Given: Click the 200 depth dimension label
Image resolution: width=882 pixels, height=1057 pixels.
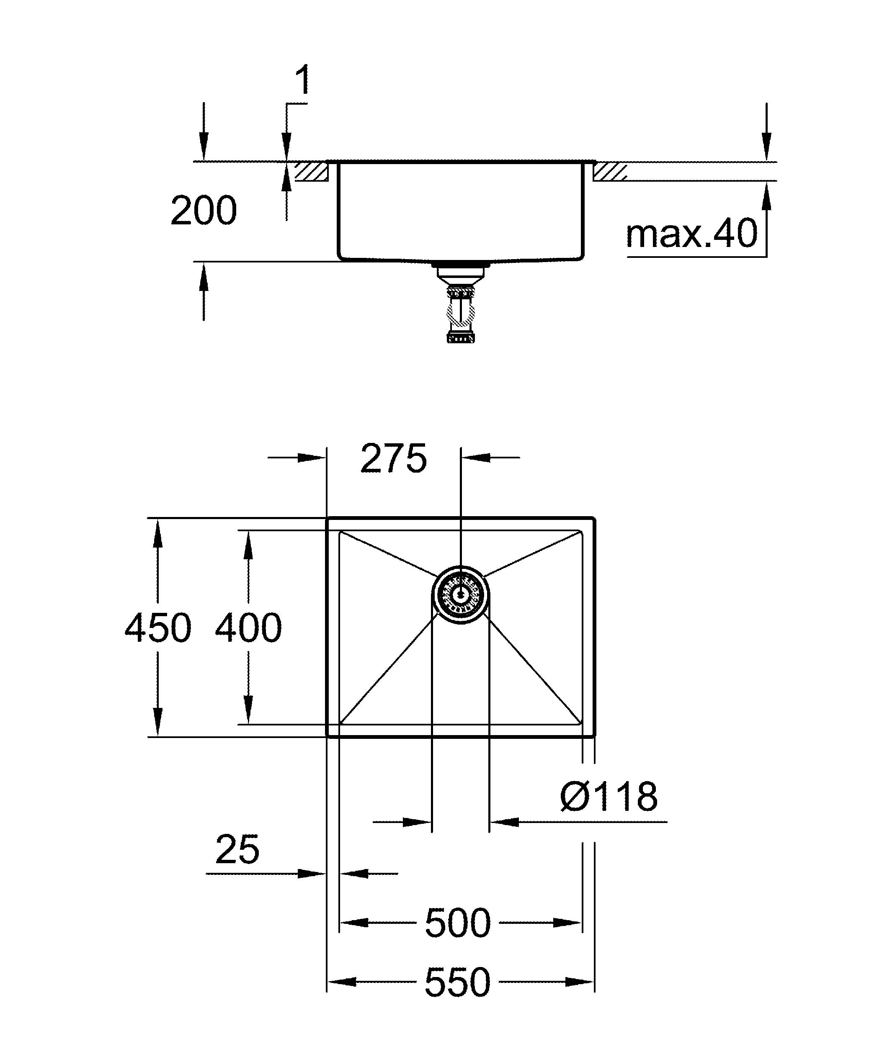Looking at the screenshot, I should [204, 211].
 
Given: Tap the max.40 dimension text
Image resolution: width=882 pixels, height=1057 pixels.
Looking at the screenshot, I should [691, 234].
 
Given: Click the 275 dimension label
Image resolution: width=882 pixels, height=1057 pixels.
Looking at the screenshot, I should [394, 458].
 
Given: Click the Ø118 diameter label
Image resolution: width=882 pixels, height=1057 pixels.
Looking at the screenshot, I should [609, 796].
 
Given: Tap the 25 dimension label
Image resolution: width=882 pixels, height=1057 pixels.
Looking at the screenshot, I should [237, 850].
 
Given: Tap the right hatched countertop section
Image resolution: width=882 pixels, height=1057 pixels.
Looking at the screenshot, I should [610, 172].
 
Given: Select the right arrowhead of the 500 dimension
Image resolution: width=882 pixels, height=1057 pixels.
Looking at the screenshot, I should [568, 923].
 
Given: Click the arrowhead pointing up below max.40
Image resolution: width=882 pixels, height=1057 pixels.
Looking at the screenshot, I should [766, 196].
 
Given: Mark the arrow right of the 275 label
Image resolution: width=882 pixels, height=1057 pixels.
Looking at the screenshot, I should [476, 458].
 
